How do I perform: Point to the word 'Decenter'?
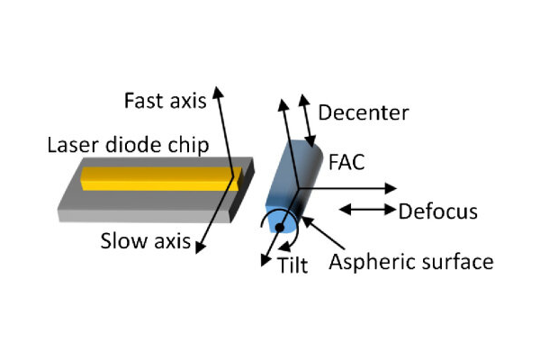[364, 113]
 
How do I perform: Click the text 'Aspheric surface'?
[410, 262]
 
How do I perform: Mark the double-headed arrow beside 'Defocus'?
[367, 210]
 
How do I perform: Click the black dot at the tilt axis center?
[279, 228]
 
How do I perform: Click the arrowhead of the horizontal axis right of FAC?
[390, 188]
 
